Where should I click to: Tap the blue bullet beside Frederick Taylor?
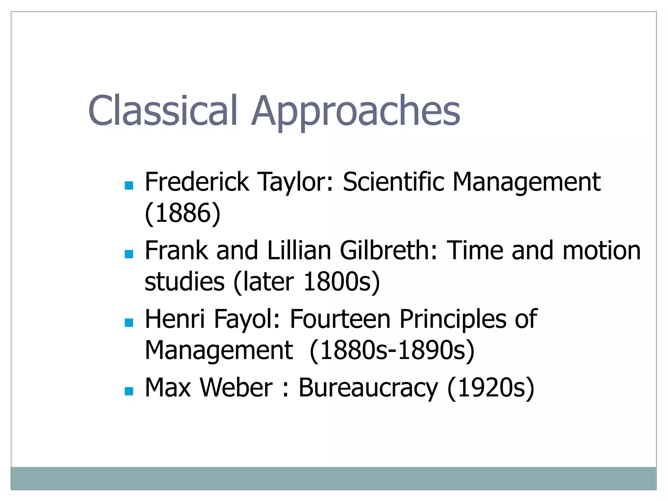129,186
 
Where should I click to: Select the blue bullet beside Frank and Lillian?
129,254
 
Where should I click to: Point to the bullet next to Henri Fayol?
129,323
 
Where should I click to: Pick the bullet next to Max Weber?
129,391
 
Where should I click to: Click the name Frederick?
197,182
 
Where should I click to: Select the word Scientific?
393,182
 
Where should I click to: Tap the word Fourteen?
340,319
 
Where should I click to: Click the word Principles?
453,319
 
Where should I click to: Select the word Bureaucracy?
368,388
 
